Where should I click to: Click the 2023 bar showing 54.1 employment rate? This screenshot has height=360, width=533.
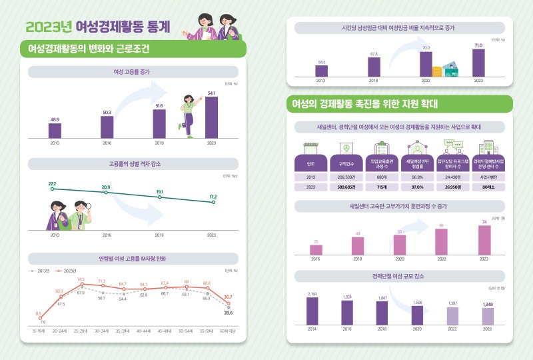pyautogui.click(x=211, y=117)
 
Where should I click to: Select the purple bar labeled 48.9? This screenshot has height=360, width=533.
pyautogui.click(x=55, y=130)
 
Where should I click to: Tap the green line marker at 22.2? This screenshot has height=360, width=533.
pyautogui.click(x=52, y=189)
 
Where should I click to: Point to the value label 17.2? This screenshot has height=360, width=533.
pyautogui.click(x=213, y=197)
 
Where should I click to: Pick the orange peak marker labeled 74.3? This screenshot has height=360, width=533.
pyautogui.click(x=81, y=285)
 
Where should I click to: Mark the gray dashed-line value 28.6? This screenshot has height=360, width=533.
pyautogui.click(x=228, y=312)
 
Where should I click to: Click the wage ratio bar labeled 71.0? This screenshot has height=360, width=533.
pyautogui.click(x=478, y=63)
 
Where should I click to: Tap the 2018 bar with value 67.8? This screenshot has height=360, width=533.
pyautogui.click(x=374, y=67)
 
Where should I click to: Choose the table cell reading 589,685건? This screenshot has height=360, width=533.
pyautogui.click(x=346, y=187)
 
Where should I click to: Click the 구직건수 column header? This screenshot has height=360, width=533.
pyautogui.click(x=346, y=163)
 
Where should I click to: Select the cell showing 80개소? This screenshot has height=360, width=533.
pyautogui.click(x=488, y=187)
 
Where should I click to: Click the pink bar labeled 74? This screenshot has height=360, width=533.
pyautogui.click(x=484, y=240)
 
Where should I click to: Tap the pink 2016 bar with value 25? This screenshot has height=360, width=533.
pyautogui.click(x=316, y=249)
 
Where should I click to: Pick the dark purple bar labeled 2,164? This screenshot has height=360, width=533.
pyautogui.click(x=312, y=310)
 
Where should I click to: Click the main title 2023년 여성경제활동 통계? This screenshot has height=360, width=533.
pyautogui.click(x=98, y=27)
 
